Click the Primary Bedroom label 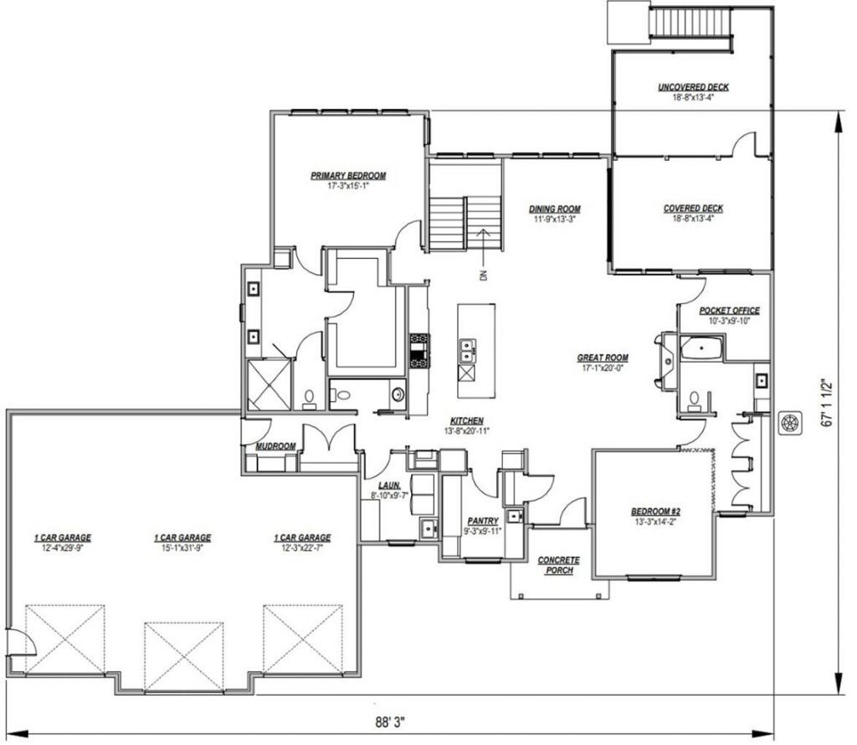point(348,176)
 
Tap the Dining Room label point(554,208)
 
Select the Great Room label point(603,358)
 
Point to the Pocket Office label point(729,311)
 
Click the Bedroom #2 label point(655,511)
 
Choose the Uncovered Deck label point(693,87)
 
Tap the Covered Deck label point(693,208)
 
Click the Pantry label point(483,521)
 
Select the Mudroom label point(275,446)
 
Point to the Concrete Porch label point(558,565)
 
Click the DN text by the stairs point(483,275)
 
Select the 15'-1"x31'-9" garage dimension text point(182,547)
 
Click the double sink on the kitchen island point(467,351)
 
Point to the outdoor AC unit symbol point(790,422)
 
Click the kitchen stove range point(420,351)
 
